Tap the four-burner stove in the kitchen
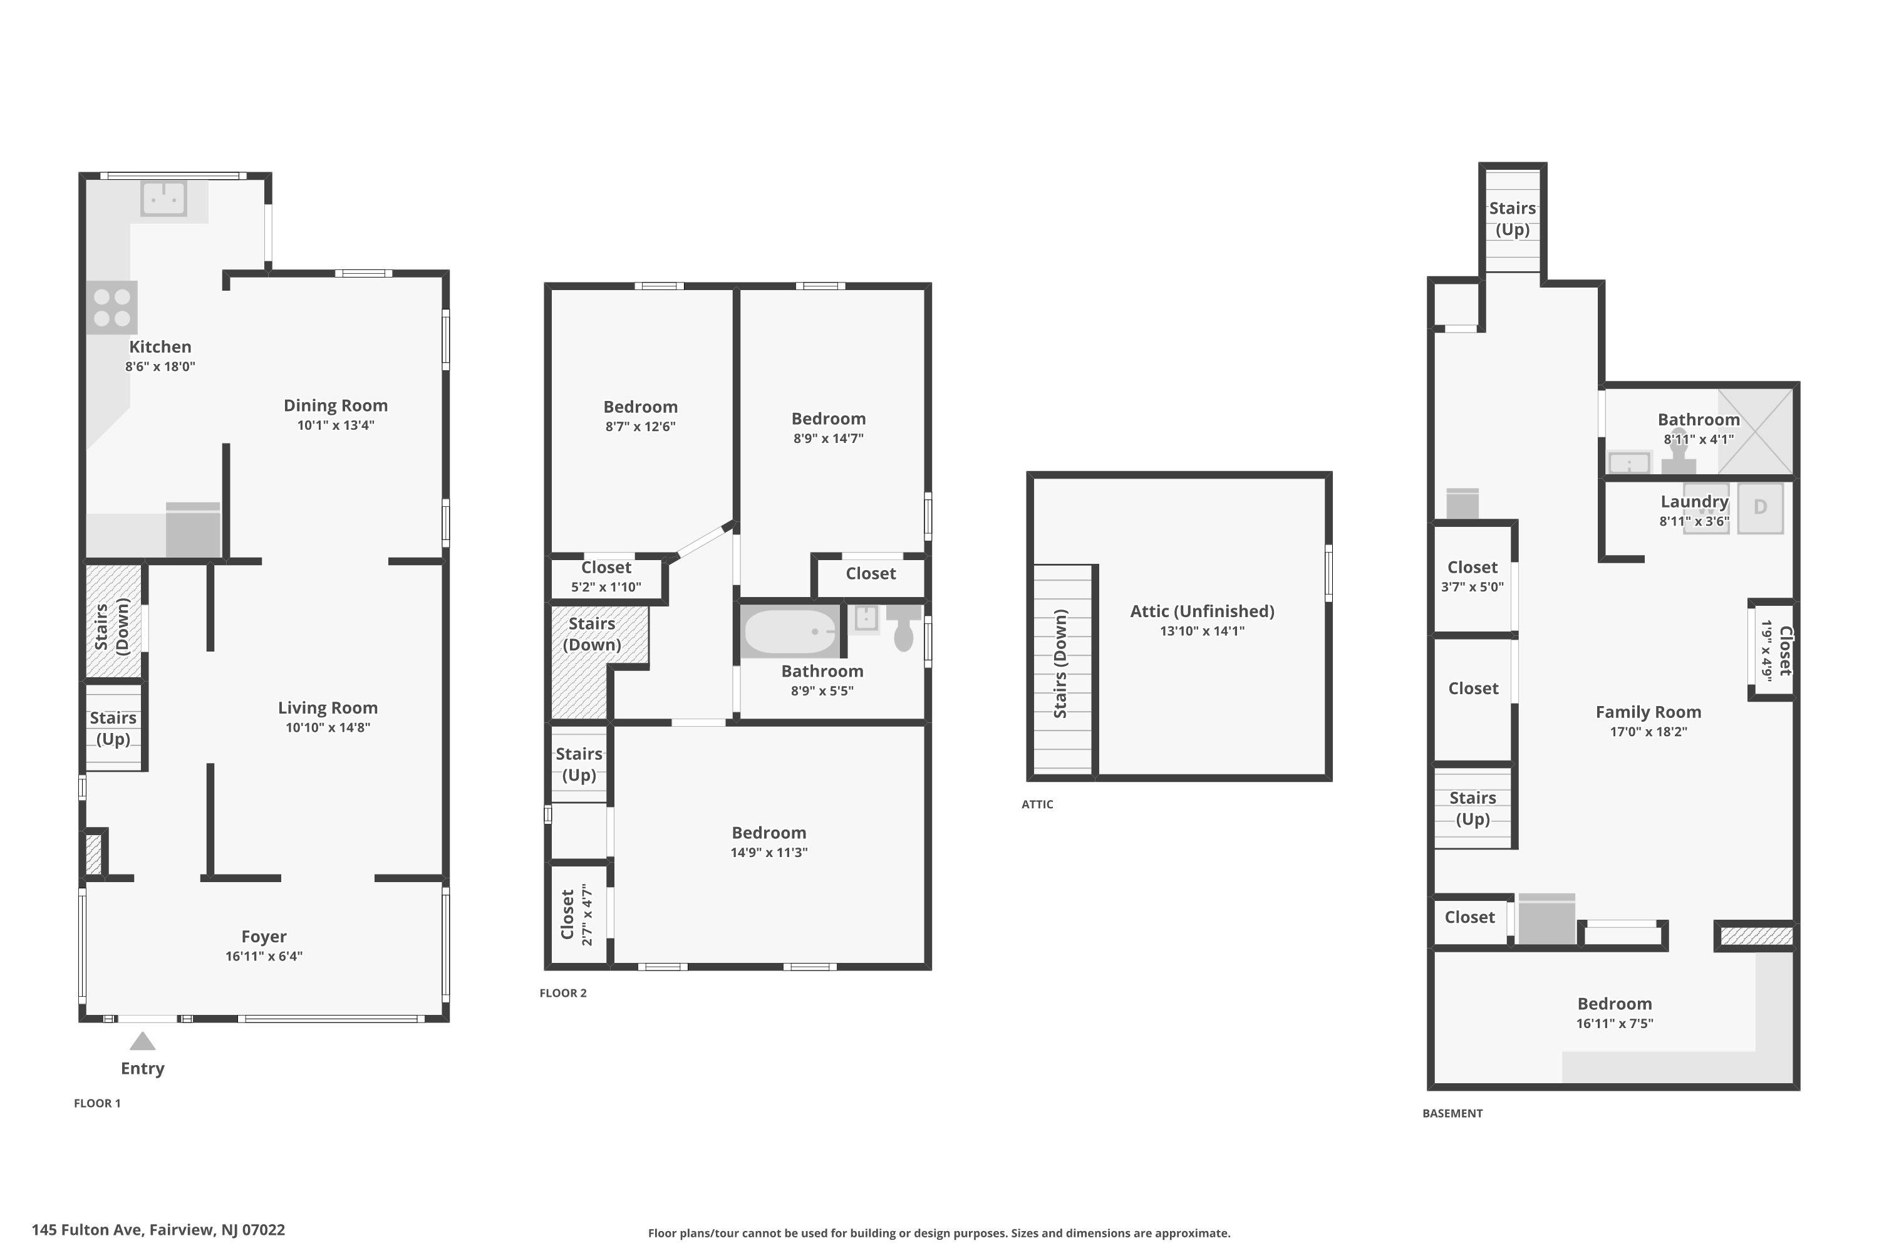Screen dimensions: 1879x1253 click(x=112, y=308)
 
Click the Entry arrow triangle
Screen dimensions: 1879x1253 click(x=142, y=1041)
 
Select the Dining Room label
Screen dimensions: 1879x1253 click(x=336, y=405)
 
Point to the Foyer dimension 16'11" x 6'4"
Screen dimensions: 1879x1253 click(x=264, y=956)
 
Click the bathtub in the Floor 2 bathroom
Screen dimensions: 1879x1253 click(x=790, y=632)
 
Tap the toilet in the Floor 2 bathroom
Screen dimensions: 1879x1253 click(x=904, y=627)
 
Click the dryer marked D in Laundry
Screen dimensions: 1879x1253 click(x=1760, y=507)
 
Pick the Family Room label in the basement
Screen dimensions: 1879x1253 click(x=1648, y=712)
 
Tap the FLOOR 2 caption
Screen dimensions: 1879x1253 click(x=563, y=992)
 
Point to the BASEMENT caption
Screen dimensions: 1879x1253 click(x=1452, y=1113)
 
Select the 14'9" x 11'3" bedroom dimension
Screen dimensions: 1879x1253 click(x=769, y=852)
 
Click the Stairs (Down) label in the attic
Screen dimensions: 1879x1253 click(x=1060, y=664)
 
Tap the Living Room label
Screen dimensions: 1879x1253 click(x=328, y=707)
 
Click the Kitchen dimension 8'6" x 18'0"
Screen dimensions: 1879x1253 click(x=160, y=366)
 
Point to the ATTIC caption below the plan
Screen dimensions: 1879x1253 click(x=1037, y=804)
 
